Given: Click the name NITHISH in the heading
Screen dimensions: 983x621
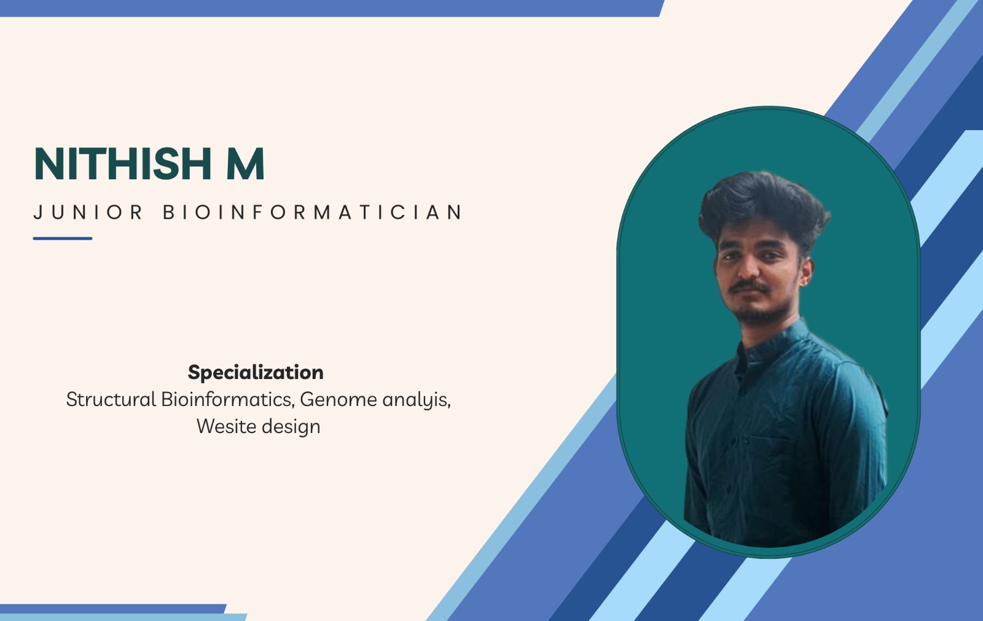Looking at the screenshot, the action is tap(122, 164).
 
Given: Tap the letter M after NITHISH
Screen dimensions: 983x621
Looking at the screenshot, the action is tap(245, 164).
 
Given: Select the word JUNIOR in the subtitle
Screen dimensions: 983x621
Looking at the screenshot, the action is tap(88, 212).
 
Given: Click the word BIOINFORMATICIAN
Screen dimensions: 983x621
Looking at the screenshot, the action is tap(313, 212).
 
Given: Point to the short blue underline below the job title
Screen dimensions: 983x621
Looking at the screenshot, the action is tap(62, 239).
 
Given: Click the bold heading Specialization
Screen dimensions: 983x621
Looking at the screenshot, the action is tap(256, 373).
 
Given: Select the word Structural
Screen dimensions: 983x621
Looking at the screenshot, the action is tap(111, 399).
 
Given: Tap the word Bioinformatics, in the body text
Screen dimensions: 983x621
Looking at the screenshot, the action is tap(228, 400).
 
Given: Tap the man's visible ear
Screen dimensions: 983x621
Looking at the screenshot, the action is tap(805, 271).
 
